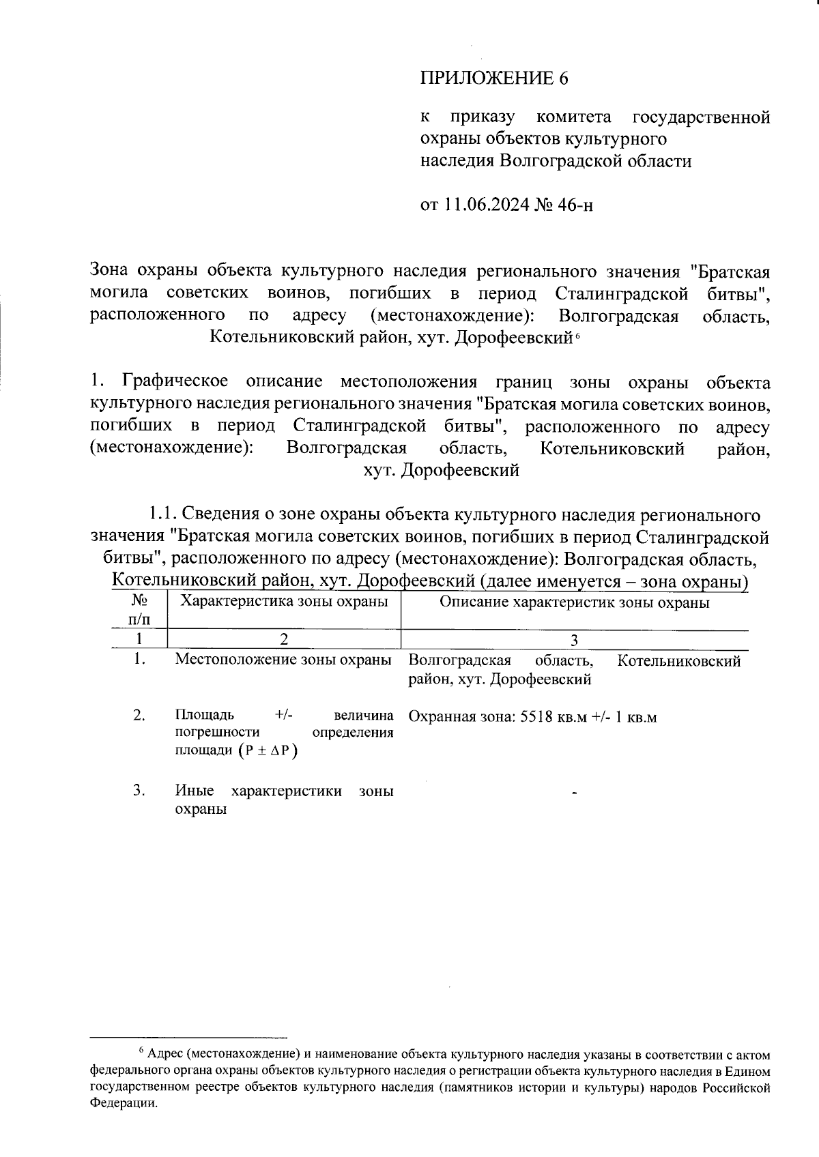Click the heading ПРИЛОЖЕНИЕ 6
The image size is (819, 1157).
(493, 78)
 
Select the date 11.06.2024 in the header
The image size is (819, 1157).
(487, 205)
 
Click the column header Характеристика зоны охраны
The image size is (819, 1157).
(283, 602)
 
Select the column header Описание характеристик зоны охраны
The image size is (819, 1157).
(574, 602)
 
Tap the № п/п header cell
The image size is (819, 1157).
(139, 610)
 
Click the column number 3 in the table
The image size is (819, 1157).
(574, 640)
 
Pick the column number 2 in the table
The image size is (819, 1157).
(283, 640)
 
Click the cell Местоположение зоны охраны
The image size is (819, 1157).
(283, 660)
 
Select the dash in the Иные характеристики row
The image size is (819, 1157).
(575, 793)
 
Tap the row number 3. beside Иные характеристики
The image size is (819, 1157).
(140, 791)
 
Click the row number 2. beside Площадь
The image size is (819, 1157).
(140, 715)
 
